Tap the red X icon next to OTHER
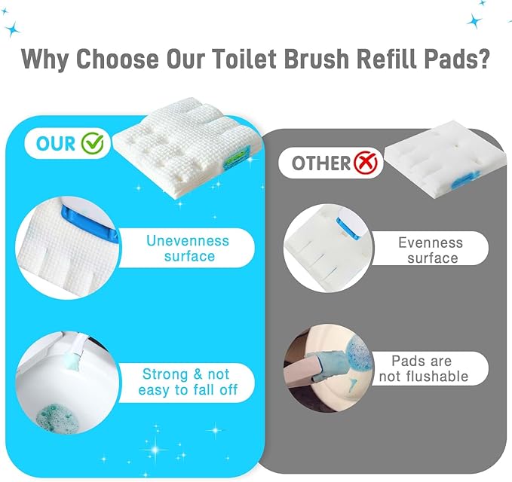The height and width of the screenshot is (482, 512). [367, 162]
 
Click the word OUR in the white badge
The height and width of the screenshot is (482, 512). [57, 142]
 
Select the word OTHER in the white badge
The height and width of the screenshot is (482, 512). [320, 163]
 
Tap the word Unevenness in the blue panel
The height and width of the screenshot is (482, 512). [188, 241]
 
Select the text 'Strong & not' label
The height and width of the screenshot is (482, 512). [186, 374]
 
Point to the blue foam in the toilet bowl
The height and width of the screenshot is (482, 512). [54, 413]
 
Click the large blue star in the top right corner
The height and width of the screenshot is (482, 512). [474, 21]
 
